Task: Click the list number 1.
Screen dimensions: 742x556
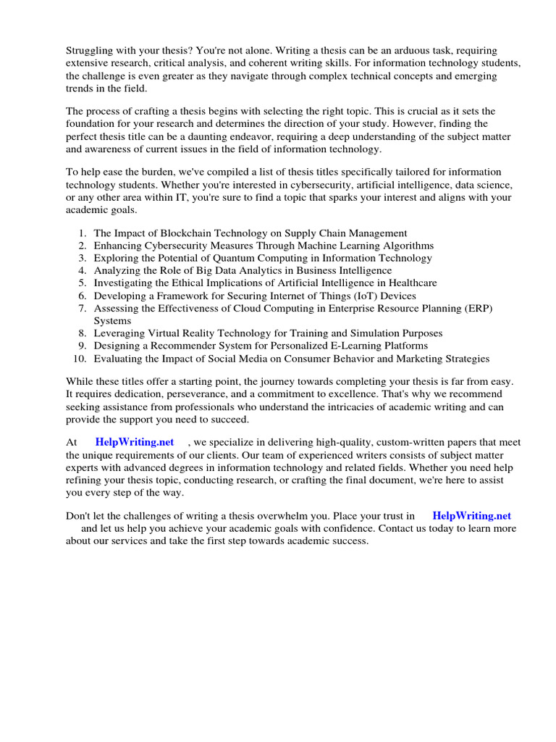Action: coord(83,233)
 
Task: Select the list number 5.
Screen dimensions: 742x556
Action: coord(83,283)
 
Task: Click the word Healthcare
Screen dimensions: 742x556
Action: coord(410,283)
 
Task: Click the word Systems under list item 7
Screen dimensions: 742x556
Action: coord(112,320)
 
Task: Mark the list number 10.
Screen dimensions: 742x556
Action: coord(80,358)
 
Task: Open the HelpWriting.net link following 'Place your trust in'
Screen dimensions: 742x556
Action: coord(471,516)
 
